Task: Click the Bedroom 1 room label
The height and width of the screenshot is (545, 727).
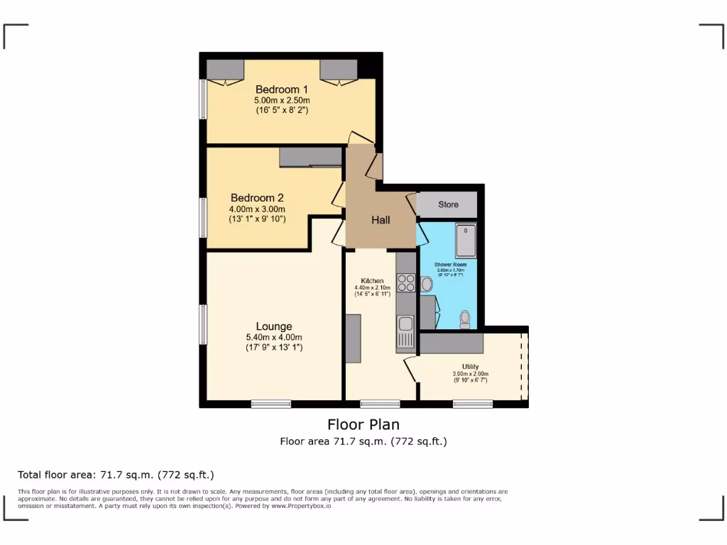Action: (x=282, y=89)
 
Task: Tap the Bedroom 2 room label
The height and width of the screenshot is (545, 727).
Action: (x=256, y=198)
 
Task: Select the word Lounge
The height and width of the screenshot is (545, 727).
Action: (x=274, y=326)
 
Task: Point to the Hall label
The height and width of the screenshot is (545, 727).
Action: (x=381, y=220)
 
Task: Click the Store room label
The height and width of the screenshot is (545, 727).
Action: (x=448, y=204)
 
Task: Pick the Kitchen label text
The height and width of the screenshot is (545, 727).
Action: (x=372, y=280)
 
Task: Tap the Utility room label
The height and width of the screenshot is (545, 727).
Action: (x=470, y=367)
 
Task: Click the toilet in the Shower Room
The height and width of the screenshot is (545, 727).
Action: (x=465, y=319)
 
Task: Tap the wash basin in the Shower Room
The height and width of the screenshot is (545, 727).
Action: (x=426, y=285)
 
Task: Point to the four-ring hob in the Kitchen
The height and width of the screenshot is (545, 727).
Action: (x=407, y=282)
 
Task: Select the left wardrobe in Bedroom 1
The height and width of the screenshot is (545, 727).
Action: (x=225, y=70)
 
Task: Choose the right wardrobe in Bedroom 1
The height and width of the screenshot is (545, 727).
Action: (x=338, y=70)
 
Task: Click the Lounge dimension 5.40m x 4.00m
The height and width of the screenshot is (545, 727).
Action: (x=274, y=337)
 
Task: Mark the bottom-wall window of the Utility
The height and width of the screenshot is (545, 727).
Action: (x=473, y=404)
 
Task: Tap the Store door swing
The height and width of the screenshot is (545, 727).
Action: (x=411, y=202)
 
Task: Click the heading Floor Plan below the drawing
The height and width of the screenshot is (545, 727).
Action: (x=363, y=424)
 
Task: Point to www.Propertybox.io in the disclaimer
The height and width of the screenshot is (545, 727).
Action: (x=300, y=506)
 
